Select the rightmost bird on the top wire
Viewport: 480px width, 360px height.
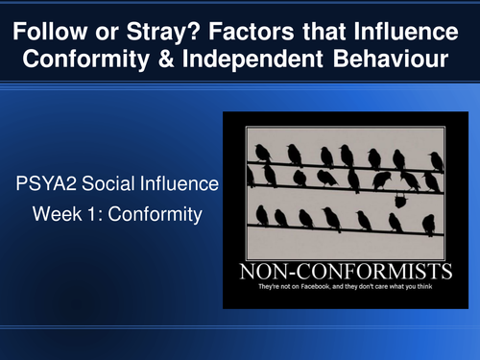436,159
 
